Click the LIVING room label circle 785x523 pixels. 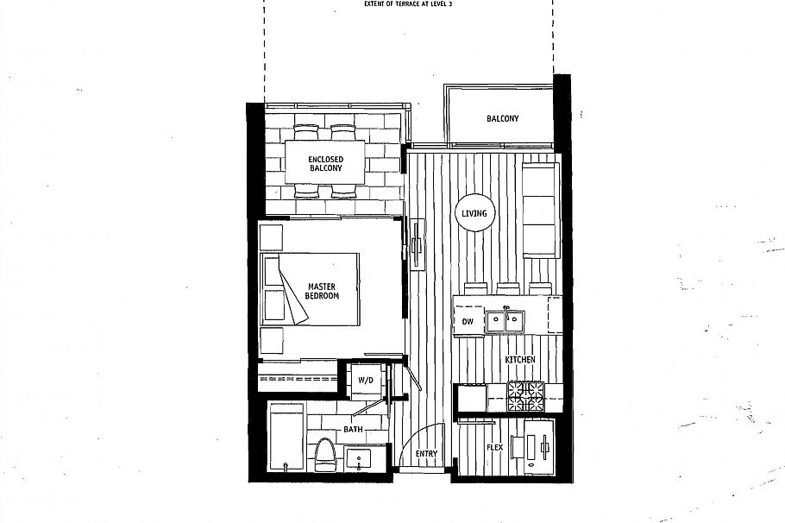point(474,213)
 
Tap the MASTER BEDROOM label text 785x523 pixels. point(321,290)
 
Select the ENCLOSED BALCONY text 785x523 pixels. point(326,164)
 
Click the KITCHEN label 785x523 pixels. point(521,359)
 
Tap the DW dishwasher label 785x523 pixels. point(468,322)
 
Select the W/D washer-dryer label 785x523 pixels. point(365,380)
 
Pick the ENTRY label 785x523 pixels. point(425,454)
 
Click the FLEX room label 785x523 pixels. point(494,448)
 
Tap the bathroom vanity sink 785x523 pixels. point(359,457)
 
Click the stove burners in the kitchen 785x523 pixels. point(526,396)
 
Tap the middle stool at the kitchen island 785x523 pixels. point(506,287)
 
